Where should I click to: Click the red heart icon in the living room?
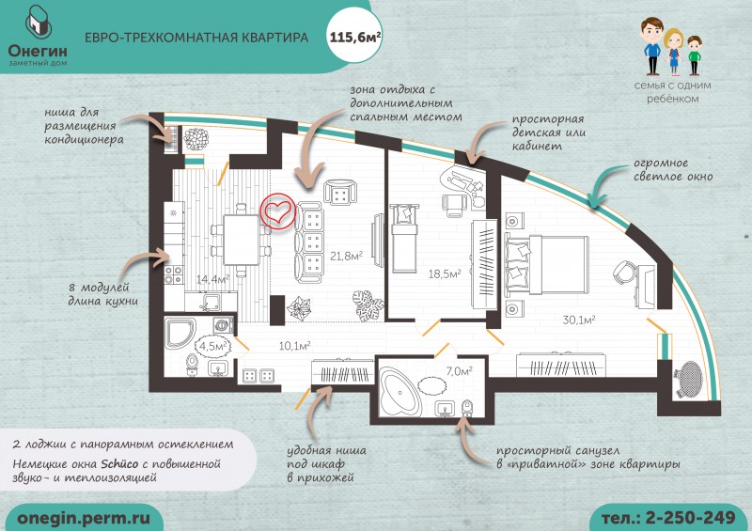278,212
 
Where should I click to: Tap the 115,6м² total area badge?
355,37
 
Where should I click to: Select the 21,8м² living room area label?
346,256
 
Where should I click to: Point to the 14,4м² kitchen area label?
213,279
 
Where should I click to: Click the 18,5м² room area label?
445,273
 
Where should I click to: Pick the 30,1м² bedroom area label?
579,320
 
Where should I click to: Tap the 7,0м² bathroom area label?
459,371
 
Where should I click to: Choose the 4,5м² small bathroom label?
213,346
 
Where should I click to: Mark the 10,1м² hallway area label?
294,345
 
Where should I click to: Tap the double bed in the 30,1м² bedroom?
547,264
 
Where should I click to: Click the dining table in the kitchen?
242,240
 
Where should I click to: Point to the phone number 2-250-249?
690,518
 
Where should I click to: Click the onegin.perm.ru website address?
84,518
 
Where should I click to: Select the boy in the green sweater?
694,55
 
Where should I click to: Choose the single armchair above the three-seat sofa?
340,193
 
